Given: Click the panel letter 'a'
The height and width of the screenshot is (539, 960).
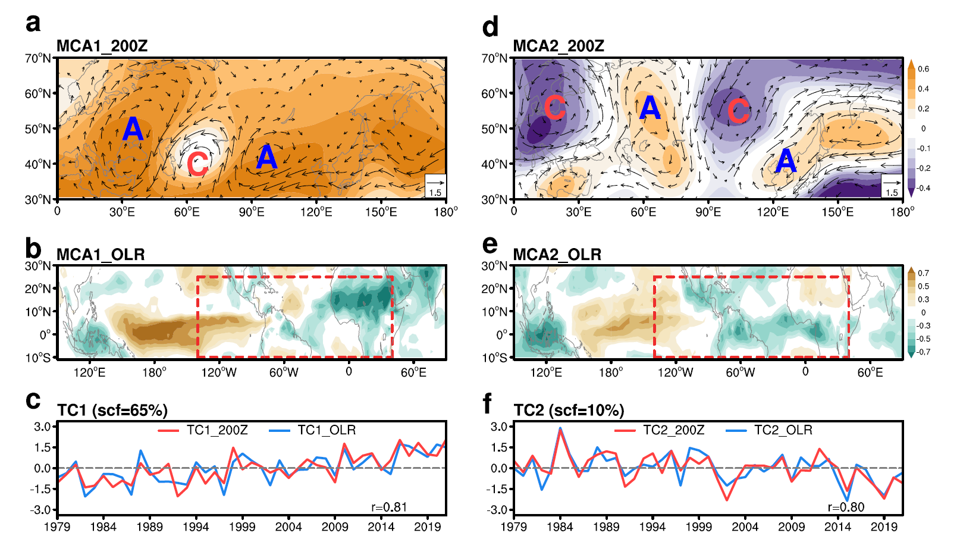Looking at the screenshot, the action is coord(33,24).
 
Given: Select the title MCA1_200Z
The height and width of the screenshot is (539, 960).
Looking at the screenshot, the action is coord(102,46).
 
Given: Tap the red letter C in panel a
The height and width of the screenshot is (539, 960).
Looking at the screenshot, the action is coord(197,164).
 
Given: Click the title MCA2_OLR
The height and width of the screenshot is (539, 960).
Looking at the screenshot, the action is coord(557,255).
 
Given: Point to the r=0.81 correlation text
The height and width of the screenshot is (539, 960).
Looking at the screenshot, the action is coord(389,507).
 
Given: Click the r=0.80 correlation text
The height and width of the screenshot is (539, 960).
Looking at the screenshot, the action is coord(846,507).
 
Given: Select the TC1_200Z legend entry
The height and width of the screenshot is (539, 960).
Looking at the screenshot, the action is coord(203,430).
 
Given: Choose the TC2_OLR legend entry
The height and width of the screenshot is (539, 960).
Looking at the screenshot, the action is coord(769,430).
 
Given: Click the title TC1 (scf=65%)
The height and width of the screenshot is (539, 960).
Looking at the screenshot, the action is coord(112,410).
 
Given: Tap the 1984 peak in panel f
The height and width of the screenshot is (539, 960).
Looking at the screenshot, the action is coord(560,428).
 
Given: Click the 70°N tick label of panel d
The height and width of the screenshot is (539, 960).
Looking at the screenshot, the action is coord(495,58).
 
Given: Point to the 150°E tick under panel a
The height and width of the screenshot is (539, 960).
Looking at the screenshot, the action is coord(381,212).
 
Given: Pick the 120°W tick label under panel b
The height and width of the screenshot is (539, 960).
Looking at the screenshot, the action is coord(219,372).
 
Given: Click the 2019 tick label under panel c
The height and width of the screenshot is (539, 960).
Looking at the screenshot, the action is coord(427,527).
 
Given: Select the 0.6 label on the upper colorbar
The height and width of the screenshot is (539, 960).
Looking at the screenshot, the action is coord(923,69).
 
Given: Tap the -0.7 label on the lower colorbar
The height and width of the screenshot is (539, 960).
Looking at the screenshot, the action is coord(923,352).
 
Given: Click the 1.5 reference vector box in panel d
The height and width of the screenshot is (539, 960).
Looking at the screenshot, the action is coord(892,186).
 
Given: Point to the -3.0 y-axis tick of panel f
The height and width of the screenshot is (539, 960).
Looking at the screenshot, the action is coord(498,510).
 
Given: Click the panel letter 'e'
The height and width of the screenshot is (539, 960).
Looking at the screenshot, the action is coord(490,245).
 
